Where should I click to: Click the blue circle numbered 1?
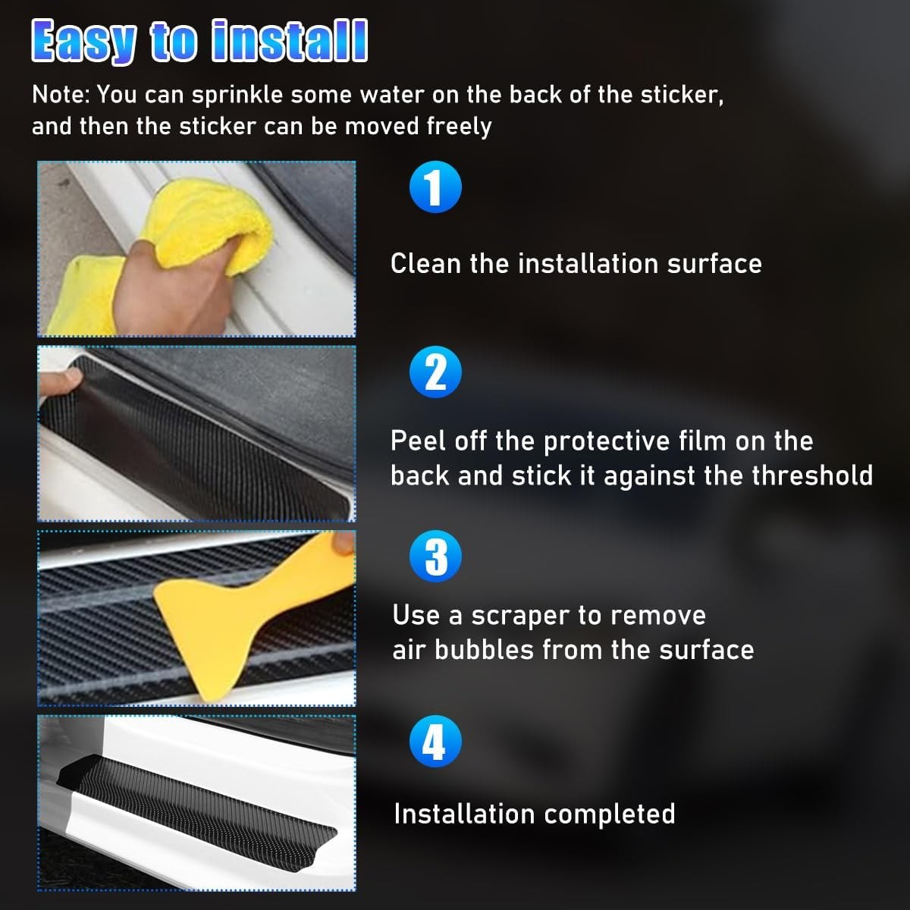coord(435,187)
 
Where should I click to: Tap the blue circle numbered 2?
coord(435,372)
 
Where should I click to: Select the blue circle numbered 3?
coord(435,556)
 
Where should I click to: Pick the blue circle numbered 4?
coord(435,741)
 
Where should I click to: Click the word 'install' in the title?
coord(290,41)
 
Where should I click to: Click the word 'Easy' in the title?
coord(84,42)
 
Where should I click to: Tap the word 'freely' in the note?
coord(459,127)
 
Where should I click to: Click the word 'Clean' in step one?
coord(425,263)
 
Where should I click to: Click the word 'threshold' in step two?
coord(812,475)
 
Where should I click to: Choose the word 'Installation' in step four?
coord(464,814)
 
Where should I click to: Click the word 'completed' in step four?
coord(610,815)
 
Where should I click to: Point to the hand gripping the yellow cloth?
coord(174,284)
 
